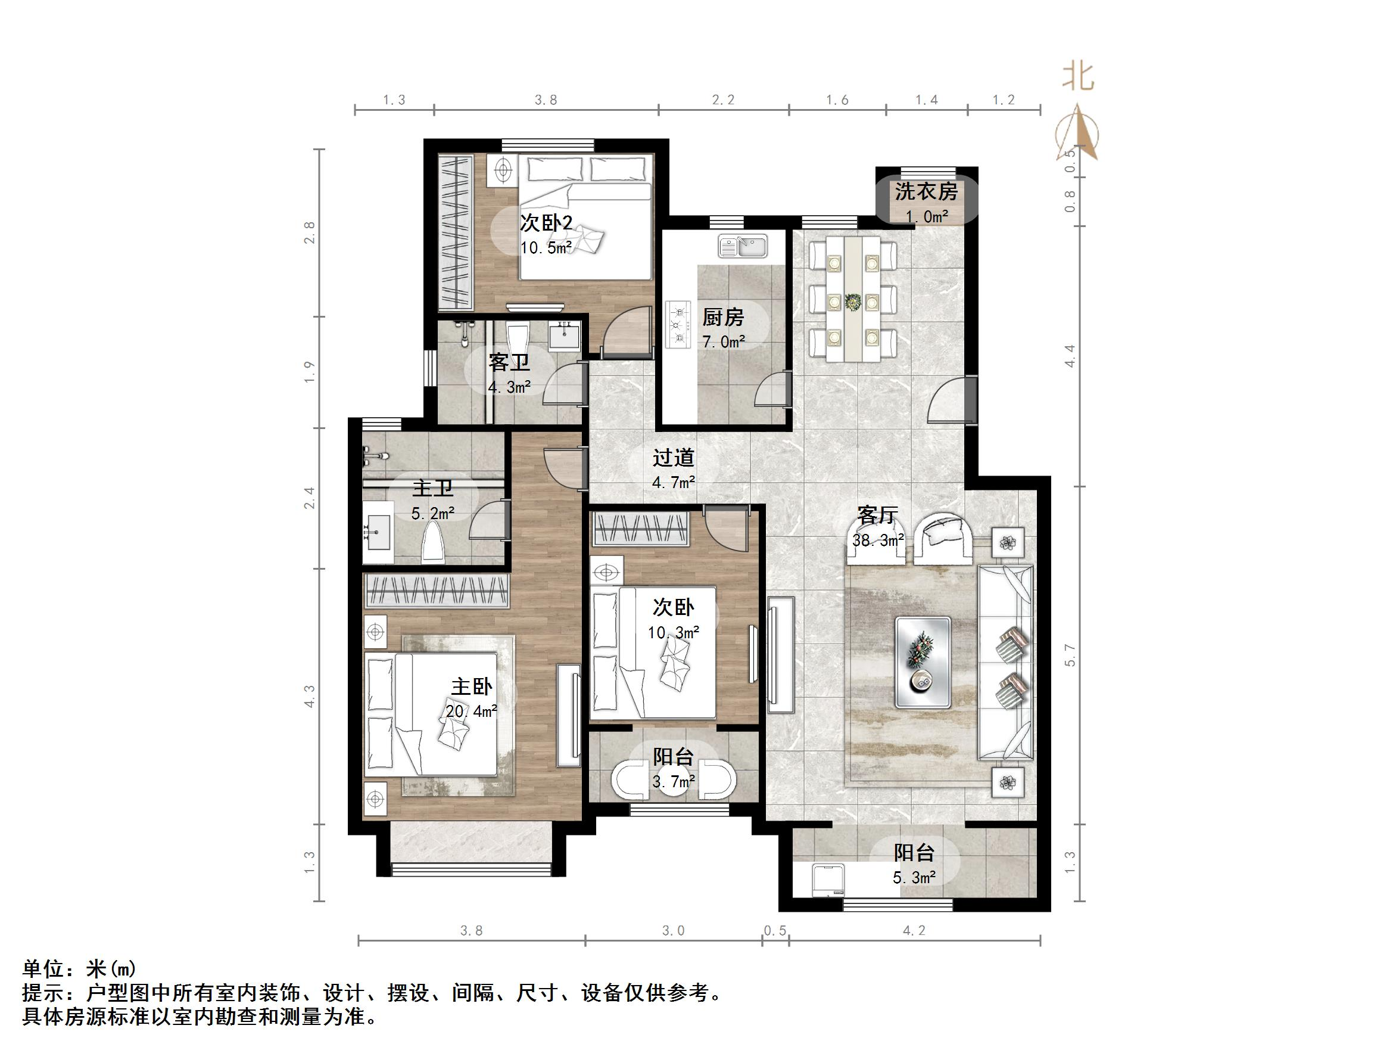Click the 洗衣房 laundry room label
coord(926,191)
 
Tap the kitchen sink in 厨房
coord(743,246)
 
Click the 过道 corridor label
coord(674,458)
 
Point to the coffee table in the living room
coord(923,662)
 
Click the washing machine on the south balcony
coord(829,879)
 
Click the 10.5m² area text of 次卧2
coord(546,247)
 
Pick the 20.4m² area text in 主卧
coord(471,712)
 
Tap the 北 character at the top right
coord(1078,78)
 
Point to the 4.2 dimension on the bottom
coord(914,930)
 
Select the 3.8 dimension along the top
coord(546,100)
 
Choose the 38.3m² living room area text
coord(878,540)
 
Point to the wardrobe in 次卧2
coord(456,232)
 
